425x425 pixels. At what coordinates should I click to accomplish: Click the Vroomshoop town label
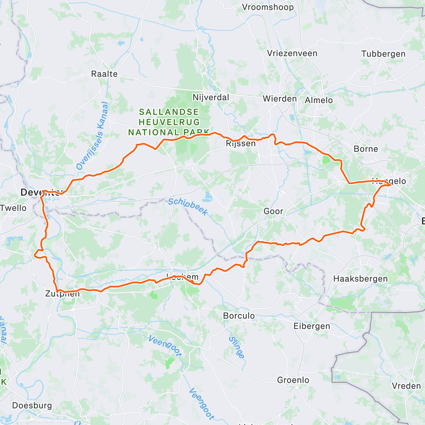click(x=268, y=7)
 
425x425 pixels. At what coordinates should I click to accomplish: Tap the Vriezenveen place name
click(x=292, y=53)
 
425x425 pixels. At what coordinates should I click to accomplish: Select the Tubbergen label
click(x=383, y=54)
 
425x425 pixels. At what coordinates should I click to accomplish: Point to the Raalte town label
click(x=104, y=74)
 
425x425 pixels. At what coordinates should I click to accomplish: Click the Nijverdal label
click(x=211, y=97)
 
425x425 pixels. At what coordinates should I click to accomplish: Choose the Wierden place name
click(x=280, y=99)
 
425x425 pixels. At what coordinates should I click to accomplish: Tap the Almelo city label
click(x=319, y=100)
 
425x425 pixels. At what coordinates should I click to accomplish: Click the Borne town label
click(x=366, y=149)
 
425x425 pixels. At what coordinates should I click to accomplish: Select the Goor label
click(x=273, y=211)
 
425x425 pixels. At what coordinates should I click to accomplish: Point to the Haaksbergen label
click(x=361, y=279)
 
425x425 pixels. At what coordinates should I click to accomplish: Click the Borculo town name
click(x=239, y=316)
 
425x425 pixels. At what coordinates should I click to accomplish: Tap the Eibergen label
click(x=312, y=326)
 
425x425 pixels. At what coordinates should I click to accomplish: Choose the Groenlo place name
click(x=293, y=380)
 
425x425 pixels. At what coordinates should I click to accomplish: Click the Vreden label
click(x=406, y=386)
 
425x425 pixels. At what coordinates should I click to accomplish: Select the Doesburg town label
click(x=32, y=406)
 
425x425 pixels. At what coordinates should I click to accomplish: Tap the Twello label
click(x=13, y=208)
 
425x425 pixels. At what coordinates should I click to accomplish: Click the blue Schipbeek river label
click(x=187, y=207)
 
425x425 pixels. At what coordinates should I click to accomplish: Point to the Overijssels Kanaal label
click(x=92, y=136)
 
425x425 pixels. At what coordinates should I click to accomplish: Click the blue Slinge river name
click(x=237, y=347)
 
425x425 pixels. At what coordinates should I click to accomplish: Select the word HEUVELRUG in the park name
click(x=169, y=122)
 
